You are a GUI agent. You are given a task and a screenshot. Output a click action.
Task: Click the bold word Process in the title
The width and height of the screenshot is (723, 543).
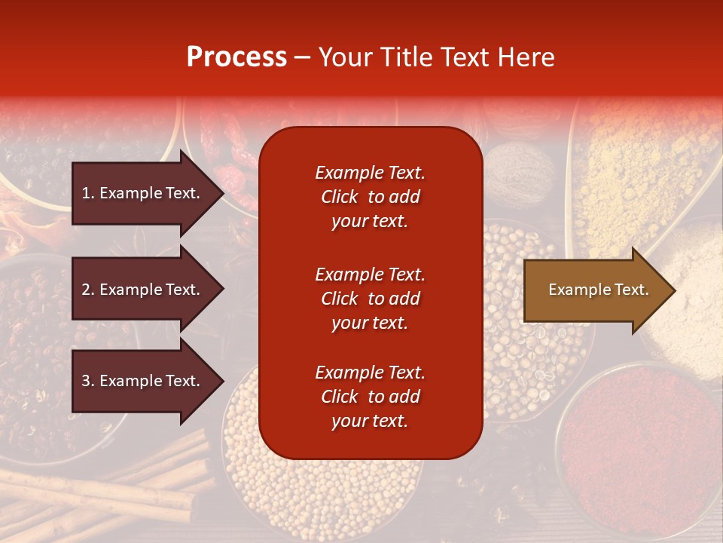tap(236, 57)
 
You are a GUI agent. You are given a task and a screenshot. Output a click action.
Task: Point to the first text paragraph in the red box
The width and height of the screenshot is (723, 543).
tap(370, 197)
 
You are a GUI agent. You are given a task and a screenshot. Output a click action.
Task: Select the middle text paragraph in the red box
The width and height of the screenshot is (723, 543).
tap(370, 299)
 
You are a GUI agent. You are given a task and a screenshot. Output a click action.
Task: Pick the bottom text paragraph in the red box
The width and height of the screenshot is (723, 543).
tap(370, 397)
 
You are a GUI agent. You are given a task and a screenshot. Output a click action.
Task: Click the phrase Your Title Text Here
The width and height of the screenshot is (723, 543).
tap(436, 57)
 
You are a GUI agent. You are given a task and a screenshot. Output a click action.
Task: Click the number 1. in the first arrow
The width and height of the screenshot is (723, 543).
tap(88, 193)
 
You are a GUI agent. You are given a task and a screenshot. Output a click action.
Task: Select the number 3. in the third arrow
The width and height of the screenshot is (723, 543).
tap(88, 381)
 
